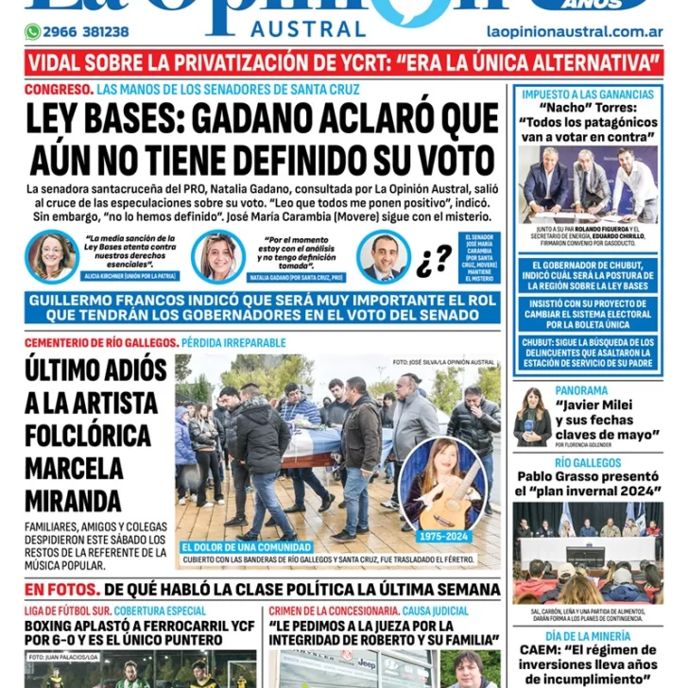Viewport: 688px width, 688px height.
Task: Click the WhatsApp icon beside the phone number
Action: (x=33, y=32)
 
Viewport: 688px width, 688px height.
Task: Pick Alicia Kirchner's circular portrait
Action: (x=52, y=256)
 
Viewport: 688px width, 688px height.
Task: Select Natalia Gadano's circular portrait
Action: (x=218, y=256)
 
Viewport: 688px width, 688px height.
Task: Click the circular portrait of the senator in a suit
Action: (x=384, y=256)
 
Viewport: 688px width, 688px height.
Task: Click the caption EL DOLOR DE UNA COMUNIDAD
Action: (x=247, y=547)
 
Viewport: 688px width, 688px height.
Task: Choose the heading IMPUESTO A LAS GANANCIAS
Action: (x=587, y=95)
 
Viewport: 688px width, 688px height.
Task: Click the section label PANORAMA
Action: (x=581, y=390)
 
